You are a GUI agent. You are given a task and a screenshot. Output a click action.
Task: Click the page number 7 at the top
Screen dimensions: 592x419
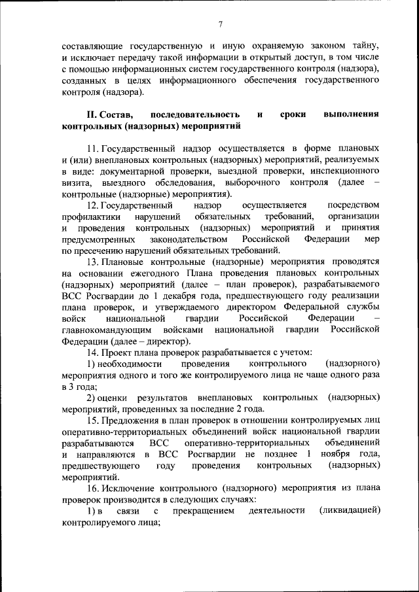coord(221,25)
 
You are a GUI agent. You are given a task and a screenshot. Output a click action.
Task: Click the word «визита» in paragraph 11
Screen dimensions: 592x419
coord(77,183)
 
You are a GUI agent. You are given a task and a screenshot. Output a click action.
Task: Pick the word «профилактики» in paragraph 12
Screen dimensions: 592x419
coord(92,217)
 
